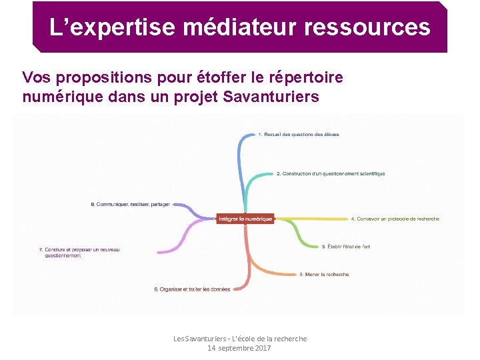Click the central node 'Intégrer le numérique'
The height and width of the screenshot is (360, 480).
pyautogui.click(x=245, y=219)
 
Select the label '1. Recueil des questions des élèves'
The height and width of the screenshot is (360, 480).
pyautogui.click(x=298, y=135)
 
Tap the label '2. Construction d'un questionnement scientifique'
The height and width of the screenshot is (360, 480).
pyautogui.click(x=331, y=174)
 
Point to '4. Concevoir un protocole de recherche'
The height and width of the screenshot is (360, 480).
pyautogui.click(x=395, y=219)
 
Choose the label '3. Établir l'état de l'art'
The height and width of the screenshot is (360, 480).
pyautogui.click(x=345, y=247)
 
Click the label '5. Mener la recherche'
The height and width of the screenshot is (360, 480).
pyautogui.click(x=324, y=274)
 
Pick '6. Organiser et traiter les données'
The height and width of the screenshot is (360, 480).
pyautogui.click(x=192, y=289)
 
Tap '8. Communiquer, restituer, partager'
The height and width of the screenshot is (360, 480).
pyautogui.click(x=130, y=204)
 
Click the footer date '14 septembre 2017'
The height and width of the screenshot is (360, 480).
pyautogui.click(x=239, y=348)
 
